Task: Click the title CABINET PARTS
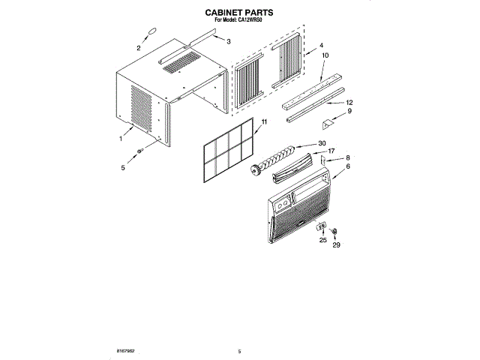(x=239, y=13)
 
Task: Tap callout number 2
(x=139, y=48)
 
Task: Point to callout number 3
(x=228, y=40)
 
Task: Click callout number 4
(x=320, y=45)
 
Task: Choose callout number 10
(x=325, y=55)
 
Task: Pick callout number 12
(x=349, y=102)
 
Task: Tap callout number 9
(x=349, y=112)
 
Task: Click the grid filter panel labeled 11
(x=226, y=154)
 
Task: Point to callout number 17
(x=331, y=151)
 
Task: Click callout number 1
(x=120, y=139)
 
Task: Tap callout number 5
(x=123, y=168)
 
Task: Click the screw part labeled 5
(x=139, y=151)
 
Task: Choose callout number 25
(x=323, y=241)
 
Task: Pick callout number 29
(x=336, y=245)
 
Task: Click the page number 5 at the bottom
(x=239, y=351)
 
